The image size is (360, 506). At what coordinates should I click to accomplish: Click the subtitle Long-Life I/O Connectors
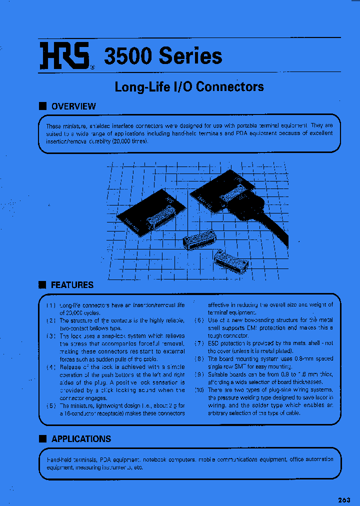[x=189, y=86]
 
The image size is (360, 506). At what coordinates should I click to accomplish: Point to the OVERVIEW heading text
[x=73, y=106]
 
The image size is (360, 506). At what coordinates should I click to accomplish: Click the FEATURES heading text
[x=72, y=285]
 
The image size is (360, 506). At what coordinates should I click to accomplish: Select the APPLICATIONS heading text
[x=81, y=438]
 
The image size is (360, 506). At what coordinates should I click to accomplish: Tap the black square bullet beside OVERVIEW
[x=42, y=106]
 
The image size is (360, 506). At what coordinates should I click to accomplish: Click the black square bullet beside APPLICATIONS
[x=42, y=438]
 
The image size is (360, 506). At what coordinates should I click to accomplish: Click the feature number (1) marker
[x=51, y=305]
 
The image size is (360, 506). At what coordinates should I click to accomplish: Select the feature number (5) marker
[x=51, y=406]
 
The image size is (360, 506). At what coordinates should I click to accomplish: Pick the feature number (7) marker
[x=198, y=343]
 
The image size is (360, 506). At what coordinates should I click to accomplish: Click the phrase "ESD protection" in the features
[x=226, y=343]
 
